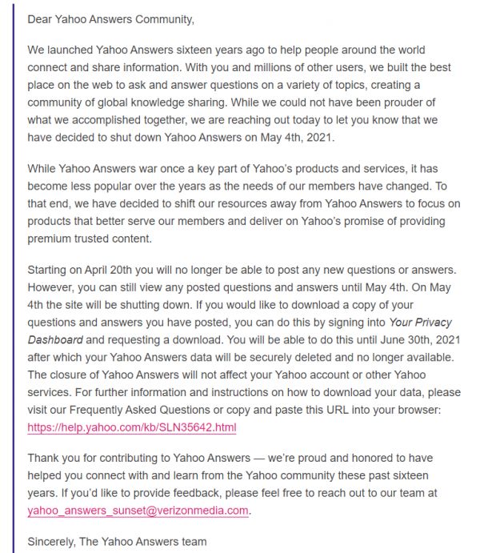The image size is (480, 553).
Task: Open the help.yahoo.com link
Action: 132,427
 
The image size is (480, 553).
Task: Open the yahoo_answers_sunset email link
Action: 138,511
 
